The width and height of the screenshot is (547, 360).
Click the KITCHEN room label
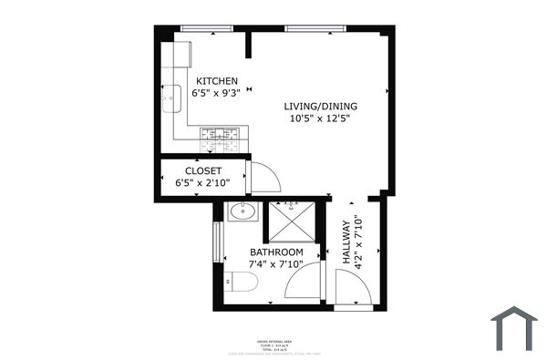click(216, 80)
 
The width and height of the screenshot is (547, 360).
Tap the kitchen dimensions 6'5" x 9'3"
click(216, 92)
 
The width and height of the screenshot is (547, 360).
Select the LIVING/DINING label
click(319, 106)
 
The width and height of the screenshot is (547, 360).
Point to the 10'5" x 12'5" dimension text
click(320, 118)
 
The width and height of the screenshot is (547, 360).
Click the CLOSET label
click(203, 170)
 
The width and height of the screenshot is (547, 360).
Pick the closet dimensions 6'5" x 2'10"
click(202, 182)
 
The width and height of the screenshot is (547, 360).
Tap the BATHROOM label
click(276, 252)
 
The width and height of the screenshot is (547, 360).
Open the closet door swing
click(263, 177)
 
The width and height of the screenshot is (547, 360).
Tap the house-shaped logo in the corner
click(514, 328)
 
